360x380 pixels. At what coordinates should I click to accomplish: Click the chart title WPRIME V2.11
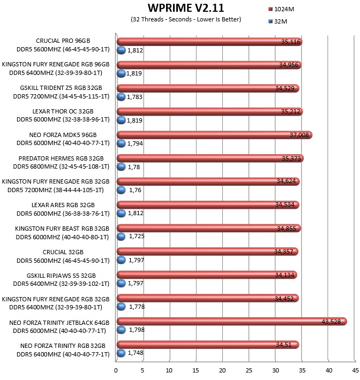point(186,8)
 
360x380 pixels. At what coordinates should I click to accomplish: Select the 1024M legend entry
point(281,9)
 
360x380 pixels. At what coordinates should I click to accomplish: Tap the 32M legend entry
point(277,21)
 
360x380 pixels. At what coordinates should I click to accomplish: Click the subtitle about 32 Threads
point(186,19)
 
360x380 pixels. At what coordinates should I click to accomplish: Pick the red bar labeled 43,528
point(231,322)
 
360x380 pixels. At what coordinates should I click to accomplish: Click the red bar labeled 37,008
point(214,135)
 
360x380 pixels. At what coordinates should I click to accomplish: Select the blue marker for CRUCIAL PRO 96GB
point(121,50)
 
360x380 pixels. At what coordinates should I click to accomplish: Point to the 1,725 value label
point(137,236)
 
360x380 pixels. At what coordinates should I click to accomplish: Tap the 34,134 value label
point(284,275)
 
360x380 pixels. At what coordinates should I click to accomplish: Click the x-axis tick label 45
point(355,370)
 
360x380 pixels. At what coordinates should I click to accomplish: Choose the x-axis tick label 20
point(222,370)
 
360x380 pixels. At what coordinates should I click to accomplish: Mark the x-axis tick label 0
point(116,370)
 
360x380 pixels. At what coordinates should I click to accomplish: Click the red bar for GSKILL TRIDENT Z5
point(208,88)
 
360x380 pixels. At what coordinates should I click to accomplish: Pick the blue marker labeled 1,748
point(121,353)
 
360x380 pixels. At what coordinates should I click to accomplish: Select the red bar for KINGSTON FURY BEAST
point(208,228)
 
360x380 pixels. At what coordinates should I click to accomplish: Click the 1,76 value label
point(135,190)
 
